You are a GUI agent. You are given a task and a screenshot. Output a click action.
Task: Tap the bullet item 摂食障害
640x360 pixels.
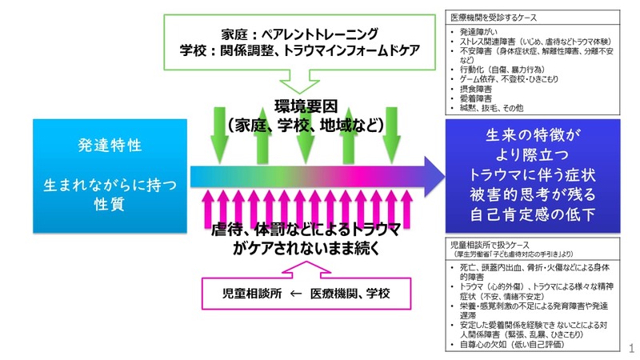(476, 89)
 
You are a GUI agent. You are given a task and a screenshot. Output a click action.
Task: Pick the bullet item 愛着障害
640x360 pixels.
(476, 98)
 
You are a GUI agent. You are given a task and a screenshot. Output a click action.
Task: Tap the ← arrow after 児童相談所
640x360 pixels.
(295, 294)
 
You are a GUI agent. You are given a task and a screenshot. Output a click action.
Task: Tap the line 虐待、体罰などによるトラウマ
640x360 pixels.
(307, 231)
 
